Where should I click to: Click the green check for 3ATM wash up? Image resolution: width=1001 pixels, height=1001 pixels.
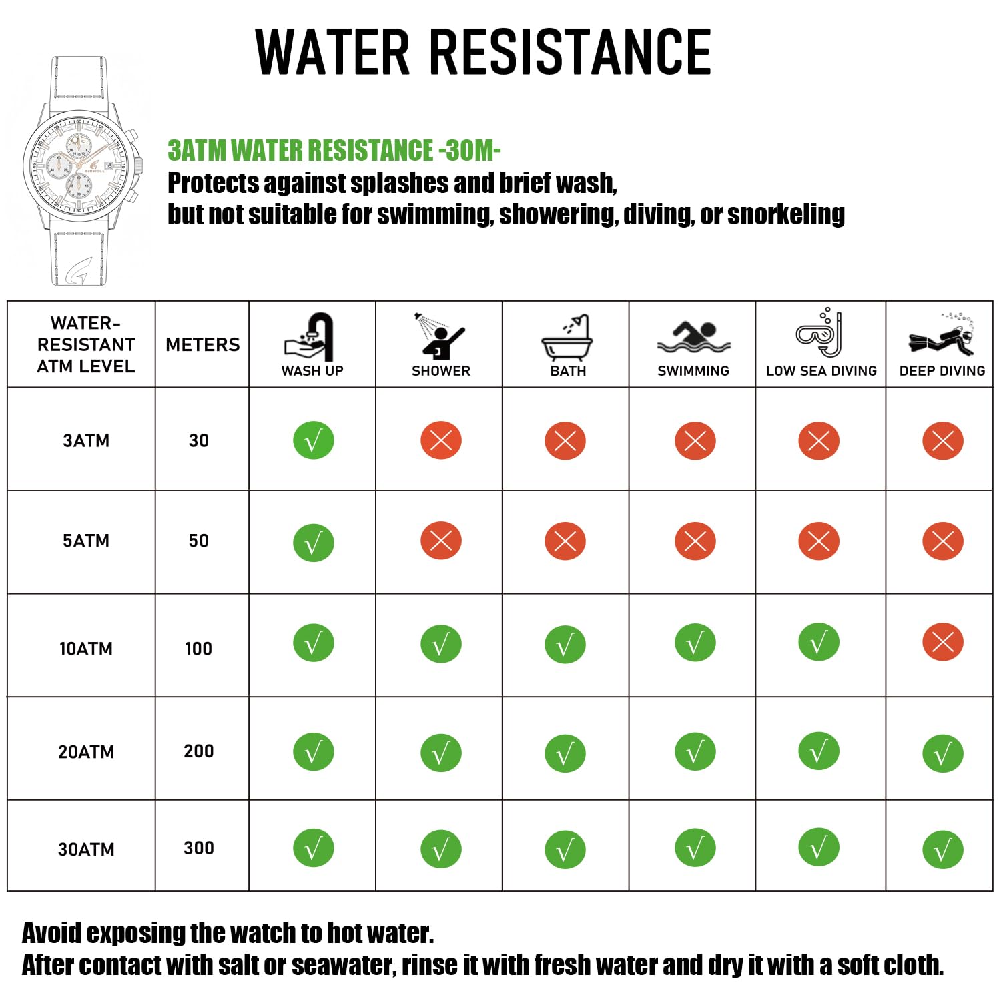pos(313,440)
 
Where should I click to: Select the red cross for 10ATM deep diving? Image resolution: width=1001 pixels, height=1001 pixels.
pos(942,642)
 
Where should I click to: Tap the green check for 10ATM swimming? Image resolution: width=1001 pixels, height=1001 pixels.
pos(695,643)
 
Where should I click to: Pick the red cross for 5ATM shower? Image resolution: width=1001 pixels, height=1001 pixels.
pos(440,541)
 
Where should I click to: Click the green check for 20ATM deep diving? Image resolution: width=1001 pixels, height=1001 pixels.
pos(942,753)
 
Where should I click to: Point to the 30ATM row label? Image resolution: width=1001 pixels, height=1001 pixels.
pos(86,849)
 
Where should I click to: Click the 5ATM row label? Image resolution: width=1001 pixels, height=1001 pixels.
pos(86,541)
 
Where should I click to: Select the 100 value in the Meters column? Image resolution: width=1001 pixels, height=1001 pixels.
pos(198,648)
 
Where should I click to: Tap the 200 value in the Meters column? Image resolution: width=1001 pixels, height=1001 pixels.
pos(198,751)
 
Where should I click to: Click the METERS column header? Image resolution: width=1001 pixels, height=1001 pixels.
pos(202,344)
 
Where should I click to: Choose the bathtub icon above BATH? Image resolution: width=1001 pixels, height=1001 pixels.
pos(567,338)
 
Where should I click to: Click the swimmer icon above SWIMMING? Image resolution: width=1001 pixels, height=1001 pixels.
pos(694,337)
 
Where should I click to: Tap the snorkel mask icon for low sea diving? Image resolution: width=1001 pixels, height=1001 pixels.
pos(819,333)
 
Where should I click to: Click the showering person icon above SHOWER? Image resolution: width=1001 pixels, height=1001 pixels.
pos(439,336)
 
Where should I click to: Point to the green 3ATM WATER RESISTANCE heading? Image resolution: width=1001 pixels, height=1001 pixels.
pos(334,151)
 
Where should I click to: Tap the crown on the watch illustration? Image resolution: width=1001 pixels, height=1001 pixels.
pos(139,165)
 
